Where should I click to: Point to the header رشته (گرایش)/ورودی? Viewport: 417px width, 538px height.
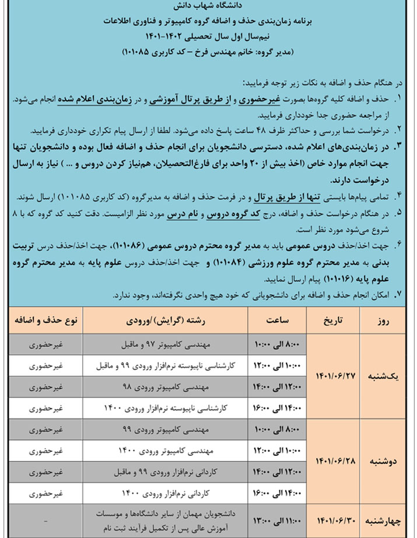[164, 321]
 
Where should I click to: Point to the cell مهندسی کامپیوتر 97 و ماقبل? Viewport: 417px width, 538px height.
[165, 345]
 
